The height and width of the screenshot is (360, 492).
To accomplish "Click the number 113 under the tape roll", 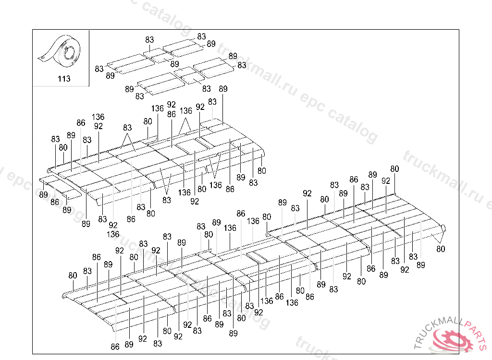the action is click(64, 79).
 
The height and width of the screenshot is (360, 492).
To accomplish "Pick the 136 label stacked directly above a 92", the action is click(98, 117).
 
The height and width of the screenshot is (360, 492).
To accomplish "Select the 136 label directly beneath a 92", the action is click(112, 234).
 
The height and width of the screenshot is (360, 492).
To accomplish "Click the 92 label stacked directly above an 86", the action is click(172, 105).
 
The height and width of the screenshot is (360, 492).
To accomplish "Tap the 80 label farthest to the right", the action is click(441, 249).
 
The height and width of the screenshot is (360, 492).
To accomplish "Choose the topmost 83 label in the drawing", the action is click(201, 36).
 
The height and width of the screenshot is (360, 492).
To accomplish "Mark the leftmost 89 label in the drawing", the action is click(43, 195).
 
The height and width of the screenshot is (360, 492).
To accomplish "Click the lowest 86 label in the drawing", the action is click(115, 347).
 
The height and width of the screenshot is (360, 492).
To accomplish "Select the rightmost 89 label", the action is click(421, 265).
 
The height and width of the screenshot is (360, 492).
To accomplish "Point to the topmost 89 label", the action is click(211, 44).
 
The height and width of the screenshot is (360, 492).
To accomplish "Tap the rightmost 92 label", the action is click(405, 270).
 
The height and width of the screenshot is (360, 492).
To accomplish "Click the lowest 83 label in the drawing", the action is click(158, 344).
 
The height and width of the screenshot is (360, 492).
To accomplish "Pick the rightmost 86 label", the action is click(371, 268).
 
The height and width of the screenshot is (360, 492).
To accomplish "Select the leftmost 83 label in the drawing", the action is click(56, 139).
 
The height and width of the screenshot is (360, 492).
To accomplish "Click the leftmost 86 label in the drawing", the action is click(55, 202).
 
